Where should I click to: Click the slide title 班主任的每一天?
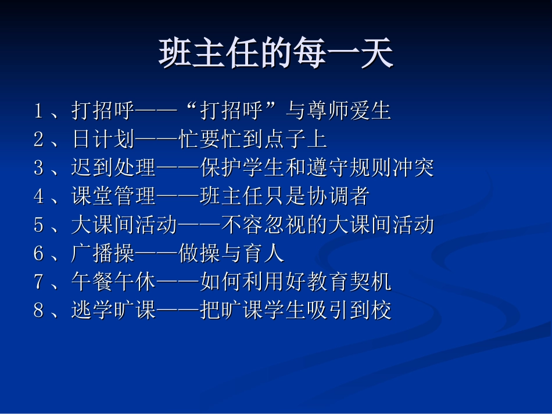[x=276, y=54]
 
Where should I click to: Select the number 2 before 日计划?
[x=39, y=139]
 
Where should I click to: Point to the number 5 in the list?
[x=39, y=225]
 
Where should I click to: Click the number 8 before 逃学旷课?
[x=39, y=311]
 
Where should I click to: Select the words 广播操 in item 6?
[x=103, y=254]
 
